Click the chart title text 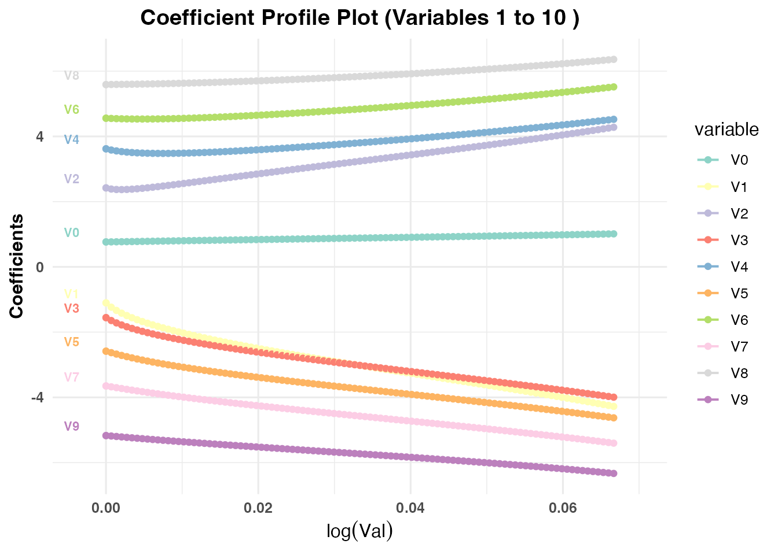359,17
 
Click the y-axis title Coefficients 17,266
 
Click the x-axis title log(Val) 359,530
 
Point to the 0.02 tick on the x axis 258,508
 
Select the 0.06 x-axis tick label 563,508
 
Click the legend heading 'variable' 726,129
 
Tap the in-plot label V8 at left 71,75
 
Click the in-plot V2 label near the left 71,179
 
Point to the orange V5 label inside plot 71,342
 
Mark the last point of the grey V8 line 614,59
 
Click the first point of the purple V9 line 106,435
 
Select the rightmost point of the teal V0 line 614,234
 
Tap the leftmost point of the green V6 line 106,118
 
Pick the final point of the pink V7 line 614,443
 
